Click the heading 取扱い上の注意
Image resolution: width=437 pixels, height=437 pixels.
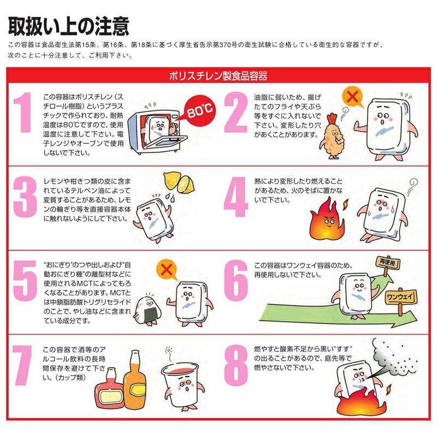68,25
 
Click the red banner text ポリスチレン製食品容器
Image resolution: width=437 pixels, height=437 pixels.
218,75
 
